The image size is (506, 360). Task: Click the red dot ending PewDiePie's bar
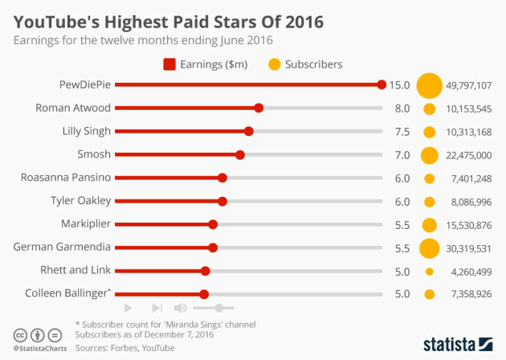coord(382,84)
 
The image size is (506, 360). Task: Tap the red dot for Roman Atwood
coord(259,108)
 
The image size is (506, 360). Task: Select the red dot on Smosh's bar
coord(240,154)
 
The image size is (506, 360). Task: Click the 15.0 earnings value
coord(400,84)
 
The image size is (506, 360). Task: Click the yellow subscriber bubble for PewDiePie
coord(429,84)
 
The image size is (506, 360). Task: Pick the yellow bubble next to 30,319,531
coord(429,247)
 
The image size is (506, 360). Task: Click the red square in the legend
coord(169,63)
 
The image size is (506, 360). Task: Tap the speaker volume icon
coord(181,308)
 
